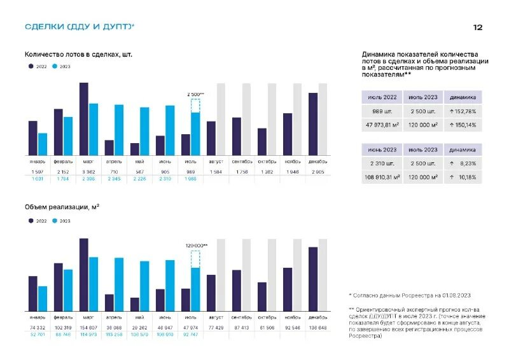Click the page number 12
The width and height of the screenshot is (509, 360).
coord(478,27)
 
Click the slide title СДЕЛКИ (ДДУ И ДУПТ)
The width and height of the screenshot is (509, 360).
coord(79,27)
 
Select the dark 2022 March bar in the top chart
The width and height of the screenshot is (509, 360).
coord(83,119)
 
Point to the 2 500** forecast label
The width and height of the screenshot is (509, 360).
coord(195,94)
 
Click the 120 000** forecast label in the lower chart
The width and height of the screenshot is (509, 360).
coord(196,245)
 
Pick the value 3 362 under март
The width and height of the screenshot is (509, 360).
coord(88,172)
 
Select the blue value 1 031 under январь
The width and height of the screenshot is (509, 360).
coord(38,179)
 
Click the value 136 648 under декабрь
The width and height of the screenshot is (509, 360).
coord(317,328)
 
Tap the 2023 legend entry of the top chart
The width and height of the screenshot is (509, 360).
coord(62,67)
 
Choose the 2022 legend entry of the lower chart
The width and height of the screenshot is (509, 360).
coord(38,221)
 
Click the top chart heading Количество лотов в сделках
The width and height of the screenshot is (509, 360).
coord(78,55)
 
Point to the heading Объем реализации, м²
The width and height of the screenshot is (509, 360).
coord(62,207)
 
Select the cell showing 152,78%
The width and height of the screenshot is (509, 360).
coord(463,111)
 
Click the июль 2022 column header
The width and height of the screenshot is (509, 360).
coord(382,97)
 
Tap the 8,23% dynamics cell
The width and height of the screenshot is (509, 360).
coord(463,163)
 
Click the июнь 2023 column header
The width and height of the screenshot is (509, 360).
coord(382,150)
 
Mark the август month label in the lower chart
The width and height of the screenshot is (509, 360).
coord(216,317)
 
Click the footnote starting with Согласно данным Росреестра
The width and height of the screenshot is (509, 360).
coord(410,295)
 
